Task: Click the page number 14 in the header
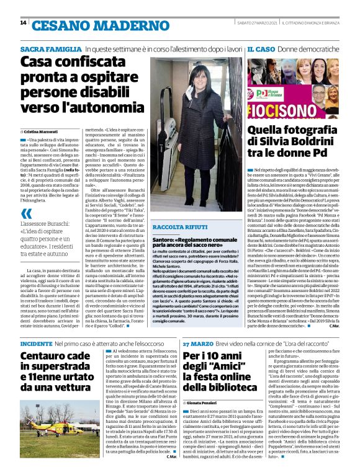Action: click(23, 24)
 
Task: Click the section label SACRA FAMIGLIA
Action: click(51, 48)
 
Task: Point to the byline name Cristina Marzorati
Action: click(44, 132)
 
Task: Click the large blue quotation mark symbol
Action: click(26, 215)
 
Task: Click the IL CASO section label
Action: click(261, 48)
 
